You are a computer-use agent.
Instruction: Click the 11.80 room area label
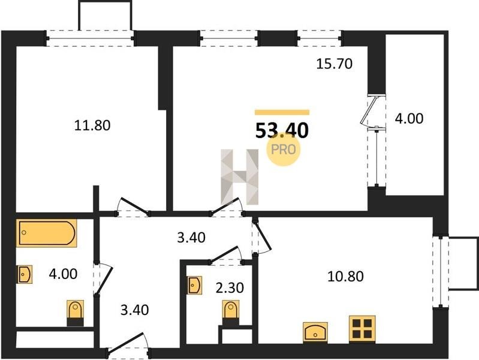coord(92,125)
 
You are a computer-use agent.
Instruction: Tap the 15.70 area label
coord(335,64)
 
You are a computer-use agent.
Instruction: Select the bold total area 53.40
coord(282,131)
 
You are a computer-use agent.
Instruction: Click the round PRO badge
coord(284,150)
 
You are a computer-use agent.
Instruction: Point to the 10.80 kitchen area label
coord(345,276)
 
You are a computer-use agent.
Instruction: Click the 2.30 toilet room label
coord(230,287)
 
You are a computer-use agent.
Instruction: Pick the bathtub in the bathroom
coord(46,233)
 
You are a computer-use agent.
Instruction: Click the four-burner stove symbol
coord(362,329)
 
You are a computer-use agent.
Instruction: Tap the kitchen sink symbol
coord(315,332)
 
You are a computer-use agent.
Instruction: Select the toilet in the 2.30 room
coord(231,313)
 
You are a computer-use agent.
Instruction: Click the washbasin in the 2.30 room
coord(195,286)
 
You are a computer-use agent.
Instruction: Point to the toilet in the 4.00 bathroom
coord(76,313)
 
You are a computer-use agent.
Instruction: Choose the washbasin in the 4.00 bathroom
coord(25,274)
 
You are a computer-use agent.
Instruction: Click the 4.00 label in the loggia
coord(409,118)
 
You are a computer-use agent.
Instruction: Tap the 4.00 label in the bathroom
coord(63,274)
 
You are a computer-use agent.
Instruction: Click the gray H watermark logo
coord(240,177)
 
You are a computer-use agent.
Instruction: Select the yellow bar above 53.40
coord(282,112)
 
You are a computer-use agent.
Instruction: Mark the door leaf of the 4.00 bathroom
coord(104,281)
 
